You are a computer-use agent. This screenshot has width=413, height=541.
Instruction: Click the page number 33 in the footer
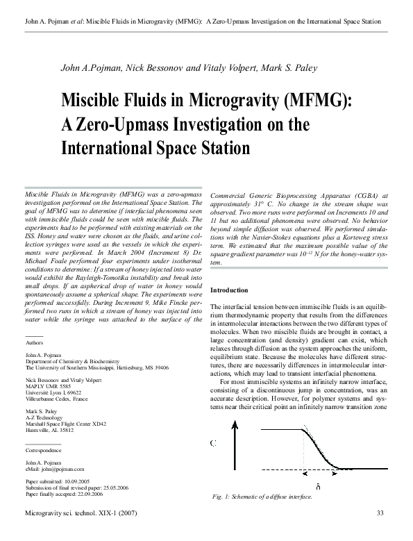380,513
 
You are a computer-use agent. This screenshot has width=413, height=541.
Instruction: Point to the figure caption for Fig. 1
262,498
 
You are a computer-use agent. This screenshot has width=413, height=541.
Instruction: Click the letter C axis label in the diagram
212,442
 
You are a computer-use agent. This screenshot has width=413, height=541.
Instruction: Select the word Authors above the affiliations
34,343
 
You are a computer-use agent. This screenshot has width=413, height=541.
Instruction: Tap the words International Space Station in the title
156,147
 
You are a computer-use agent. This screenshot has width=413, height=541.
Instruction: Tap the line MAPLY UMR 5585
49,387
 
